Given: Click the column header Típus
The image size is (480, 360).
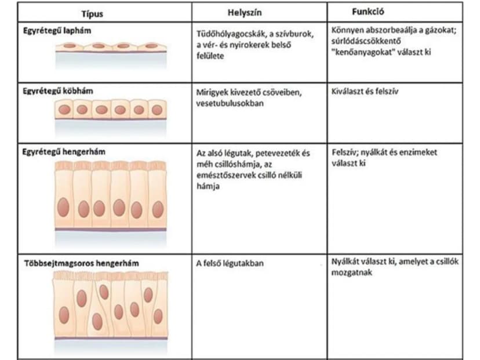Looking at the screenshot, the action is [x=92, y=14].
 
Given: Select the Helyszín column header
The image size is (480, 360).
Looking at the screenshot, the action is [x=245, y=13].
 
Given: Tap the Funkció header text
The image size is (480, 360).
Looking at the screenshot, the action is [x=368, y=12].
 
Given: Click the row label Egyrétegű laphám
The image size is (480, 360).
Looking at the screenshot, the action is [x=57, y=31].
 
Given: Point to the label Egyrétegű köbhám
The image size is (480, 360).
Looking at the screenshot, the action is [x=58, y=91].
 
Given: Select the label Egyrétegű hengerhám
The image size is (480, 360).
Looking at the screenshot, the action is [x=64, y=151].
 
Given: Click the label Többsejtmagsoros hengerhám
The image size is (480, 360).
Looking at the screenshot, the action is [x=81, y=263].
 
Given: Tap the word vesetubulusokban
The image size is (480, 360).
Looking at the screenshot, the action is [x=230, y=103].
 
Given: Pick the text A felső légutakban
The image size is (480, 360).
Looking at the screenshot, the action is [x=230, y=263].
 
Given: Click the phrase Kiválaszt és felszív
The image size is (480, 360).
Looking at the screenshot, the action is [x=365, y=91].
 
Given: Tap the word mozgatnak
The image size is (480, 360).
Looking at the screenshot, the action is [x=352, y=272].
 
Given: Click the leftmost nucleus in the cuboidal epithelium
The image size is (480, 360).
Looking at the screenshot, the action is [x=64, y=110].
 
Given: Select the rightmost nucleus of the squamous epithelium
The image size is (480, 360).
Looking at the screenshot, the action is [x=151, y=46].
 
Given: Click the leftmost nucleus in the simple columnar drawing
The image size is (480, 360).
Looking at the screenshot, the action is [x=63, y=208].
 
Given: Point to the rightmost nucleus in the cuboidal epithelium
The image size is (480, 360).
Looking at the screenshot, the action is [x=157, y=110].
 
